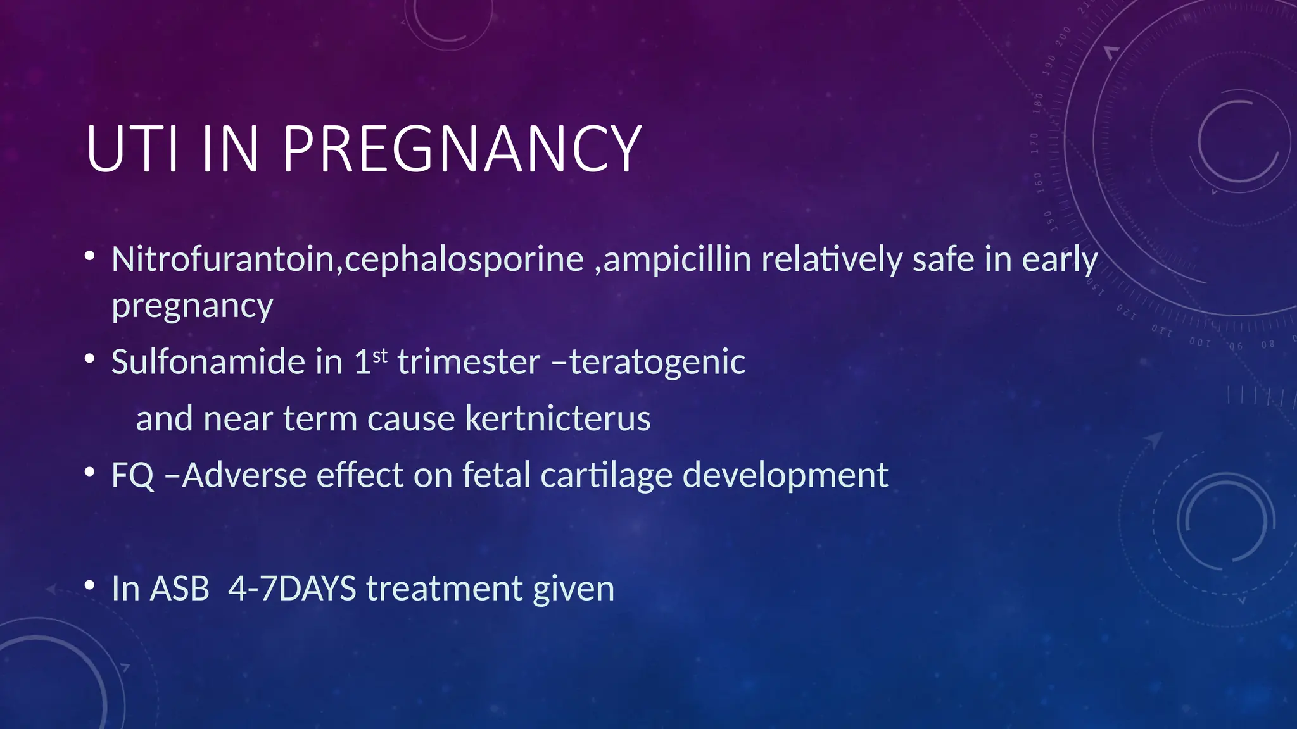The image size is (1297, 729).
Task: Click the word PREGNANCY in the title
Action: (462, 149)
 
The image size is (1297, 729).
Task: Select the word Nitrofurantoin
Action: (223, 259)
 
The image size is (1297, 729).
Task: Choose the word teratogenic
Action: (657, 363)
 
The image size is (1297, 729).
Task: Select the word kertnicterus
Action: (558, 419)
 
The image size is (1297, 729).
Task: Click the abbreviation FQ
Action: (133, 476)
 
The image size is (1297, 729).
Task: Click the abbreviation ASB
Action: (180, 589)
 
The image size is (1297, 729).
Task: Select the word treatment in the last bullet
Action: (445, 589)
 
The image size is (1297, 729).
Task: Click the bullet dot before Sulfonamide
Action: (90, 359)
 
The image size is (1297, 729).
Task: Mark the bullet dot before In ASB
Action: (90, 585)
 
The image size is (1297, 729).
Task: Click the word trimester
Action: (469, 363)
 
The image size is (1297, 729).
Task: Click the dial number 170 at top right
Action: (1035, 143)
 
